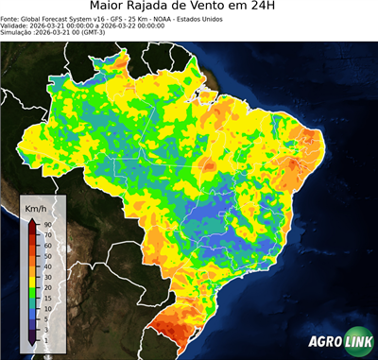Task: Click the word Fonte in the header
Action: coord(12,22)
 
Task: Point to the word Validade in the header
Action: coord(16,29)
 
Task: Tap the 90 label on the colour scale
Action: coord(46,224)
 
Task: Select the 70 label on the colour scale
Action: coord(46,233)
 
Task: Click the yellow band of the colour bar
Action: coord(32,269)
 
